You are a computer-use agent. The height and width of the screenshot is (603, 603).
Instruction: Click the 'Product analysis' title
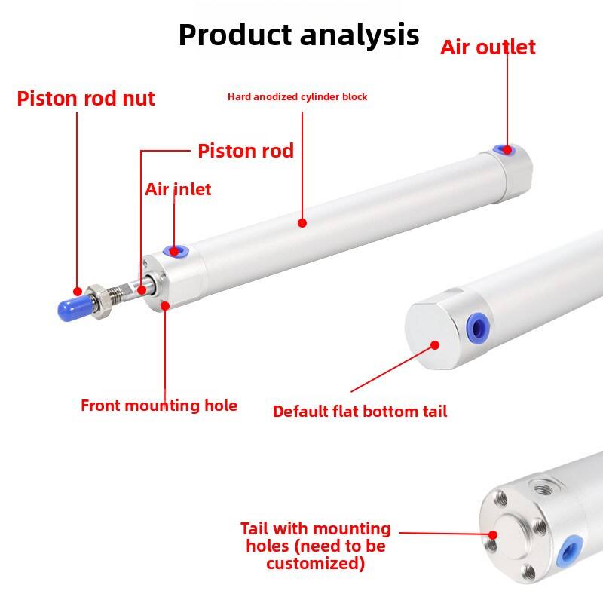[298, 35]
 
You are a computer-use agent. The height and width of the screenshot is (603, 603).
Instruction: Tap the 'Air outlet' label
[488, 47]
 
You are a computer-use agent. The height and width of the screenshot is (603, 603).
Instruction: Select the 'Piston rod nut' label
[86, 99]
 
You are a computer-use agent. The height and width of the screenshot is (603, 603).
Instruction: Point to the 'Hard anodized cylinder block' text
[297, 97]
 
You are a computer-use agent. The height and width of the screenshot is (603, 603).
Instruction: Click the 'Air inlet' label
[178, 189]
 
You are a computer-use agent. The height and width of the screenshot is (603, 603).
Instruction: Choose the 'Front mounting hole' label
[159, 406]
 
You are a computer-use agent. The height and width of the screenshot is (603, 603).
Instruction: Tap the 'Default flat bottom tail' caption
[360, 412]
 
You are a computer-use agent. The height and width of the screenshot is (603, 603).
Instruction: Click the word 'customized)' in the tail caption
[315, 564]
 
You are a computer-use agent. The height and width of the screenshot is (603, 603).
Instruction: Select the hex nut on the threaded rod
[100, 301]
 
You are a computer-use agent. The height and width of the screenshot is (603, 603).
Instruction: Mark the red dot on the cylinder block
[302, 222]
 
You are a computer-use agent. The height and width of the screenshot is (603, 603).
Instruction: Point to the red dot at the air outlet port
[507, 150]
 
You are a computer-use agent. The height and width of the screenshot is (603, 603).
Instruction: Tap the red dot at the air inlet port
[174, 252]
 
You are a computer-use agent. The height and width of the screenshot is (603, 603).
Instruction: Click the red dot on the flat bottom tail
[435, 345]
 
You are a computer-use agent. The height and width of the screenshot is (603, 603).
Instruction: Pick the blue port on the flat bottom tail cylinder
[478, 328]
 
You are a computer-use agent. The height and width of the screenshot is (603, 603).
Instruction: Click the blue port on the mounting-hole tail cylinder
[569, 551]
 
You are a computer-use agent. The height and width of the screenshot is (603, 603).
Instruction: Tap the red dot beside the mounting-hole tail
[493, 535]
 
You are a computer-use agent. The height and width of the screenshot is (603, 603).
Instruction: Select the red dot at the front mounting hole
[165, 306]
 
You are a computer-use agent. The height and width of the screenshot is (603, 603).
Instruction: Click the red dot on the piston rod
[142, 290]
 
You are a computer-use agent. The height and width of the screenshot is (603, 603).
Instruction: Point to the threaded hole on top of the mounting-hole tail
[542, 488]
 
